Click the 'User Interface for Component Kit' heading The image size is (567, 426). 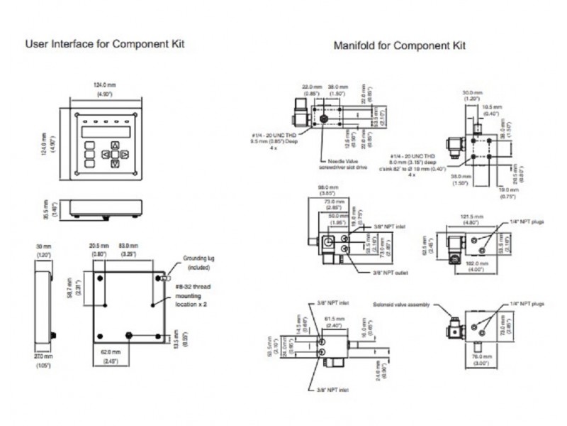click(x=104, y=44)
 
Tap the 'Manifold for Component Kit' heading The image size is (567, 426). click(x=400, y=46)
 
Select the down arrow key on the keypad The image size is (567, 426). click(x=113, y=162)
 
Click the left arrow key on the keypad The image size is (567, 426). click(x=104, y=153)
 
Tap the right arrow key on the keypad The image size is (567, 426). click(x=123, y=153)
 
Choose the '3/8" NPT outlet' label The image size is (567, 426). click(x=392, y=272)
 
